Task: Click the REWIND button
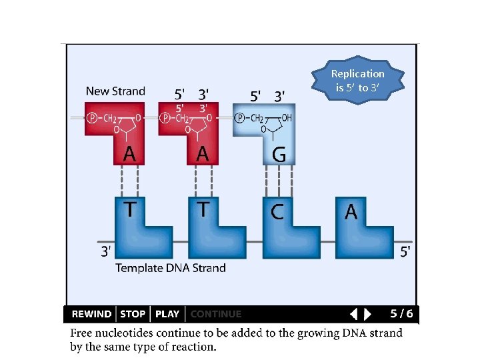point(91,314)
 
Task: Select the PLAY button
point(167,314)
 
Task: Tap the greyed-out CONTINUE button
point(216,314)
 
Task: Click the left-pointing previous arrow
point(354,314)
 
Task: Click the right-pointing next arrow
point(367,314)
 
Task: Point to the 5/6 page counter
point(401,313)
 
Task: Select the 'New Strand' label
point(115,91)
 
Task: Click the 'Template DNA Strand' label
point(171,268)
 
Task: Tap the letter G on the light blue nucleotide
point(279,155)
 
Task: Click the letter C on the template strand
point(277,212)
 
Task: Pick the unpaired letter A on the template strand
point(351,212)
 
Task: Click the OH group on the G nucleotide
point(286,118)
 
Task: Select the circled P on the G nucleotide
point(239,118)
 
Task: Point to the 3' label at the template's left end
point(106,252)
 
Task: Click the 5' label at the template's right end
point(405,252)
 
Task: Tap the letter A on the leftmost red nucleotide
point(129,155)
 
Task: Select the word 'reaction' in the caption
point(193,347)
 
